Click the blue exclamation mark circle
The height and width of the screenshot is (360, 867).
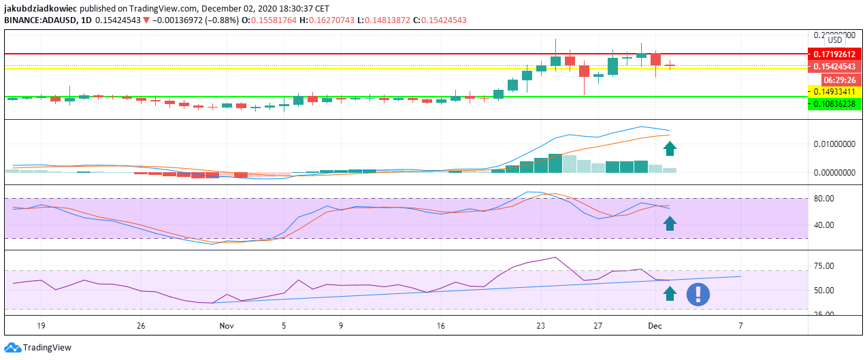pyautogui.click(x=698, y=294)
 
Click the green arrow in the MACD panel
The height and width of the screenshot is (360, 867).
pyautogui.click(x=670, y=148)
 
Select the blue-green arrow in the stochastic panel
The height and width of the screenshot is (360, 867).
pyautogui.click(x=670, y=223)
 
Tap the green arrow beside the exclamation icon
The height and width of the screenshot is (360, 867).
pyautogui.click(x=670, y=293)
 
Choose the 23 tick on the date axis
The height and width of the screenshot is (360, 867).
pyautogui.click(x=541, y=326)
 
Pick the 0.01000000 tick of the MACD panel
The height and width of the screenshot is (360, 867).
pyautogui.click(x=833, y=144)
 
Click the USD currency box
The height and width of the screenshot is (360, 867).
pyautogui.click(x=834, y=40)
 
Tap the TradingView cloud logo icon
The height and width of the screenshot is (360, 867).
pyautogui.click(x=12, y=348)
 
